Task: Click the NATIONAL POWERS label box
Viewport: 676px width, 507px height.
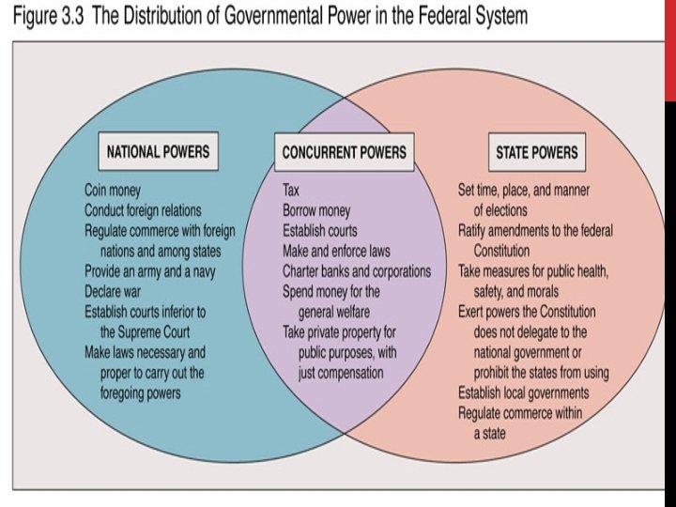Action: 158,151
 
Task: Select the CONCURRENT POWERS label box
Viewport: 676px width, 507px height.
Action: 345,152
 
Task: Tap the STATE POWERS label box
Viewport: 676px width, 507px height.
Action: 537,152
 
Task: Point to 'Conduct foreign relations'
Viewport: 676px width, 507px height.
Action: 143,209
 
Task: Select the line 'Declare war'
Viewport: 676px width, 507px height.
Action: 117,291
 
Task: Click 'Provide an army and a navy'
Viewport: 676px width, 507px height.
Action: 150,270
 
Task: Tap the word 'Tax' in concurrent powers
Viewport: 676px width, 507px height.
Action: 292,189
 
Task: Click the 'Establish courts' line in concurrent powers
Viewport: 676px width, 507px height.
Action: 320,230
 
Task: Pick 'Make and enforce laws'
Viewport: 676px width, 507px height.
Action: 336,251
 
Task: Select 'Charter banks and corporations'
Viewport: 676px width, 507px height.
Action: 357,271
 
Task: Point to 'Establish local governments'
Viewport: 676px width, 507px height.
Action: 524,392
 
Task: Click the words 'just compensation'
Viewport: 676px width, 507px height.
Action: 342,373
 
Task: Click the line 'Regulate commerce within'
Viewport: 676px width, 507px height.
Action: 520,413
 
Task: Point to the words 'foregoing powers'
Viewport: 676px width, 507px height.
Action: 141,393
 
